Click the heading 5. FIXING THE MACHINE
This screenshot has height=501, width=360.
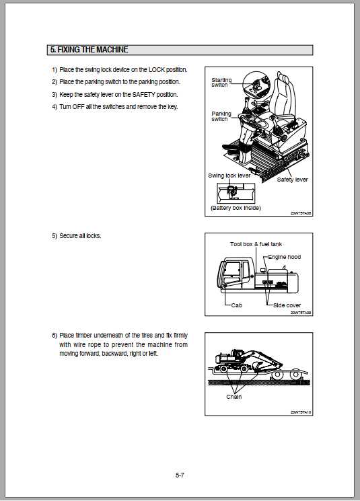point(89,50)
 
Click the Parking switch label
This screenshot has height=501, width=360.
point(221,116)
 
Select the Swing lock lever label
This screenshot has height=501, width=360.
point(229,175)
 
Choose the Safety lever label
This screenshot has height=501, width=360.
point(292,180)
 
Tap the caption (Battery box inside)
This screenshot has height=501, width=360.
point(236,208)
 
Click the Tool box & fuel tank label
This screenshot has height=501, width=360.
point(255,244)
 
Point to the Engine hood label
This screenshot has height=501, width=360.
point(284,257)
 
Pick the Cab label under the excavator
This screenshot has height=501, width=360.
point(236,305)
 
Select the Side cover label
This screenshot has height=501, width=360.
point(287,305)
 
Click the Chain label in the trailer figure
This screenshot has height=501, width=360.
point(233,397)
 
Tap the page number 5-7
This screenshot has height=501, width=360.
point(180,475)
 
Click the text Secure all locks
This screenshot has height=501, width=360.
point(80,237)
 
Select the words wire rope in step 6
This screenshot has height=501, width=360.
point(84,344)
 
